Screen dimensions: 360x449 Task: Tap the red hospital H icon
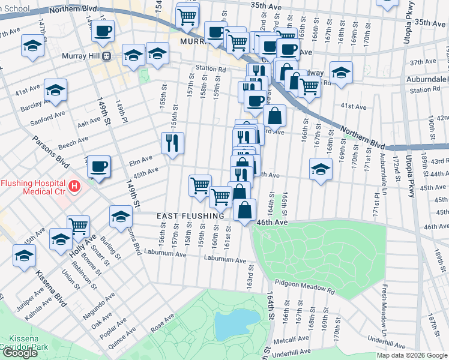[74, 186]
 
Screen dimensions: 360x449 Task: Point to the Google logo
[20, 353]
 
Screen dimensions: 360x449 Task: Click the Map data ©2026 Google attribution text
[412, 355]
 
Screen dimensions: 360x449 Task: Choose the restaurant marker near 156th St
[172, 143]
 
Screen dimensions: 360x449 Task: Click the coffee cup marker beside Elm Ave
[99, 166]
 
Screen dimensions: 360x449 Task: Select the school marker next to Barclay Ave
[56, 90]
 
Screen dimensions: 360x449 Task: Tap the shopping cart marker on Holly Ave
[78, 227]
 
